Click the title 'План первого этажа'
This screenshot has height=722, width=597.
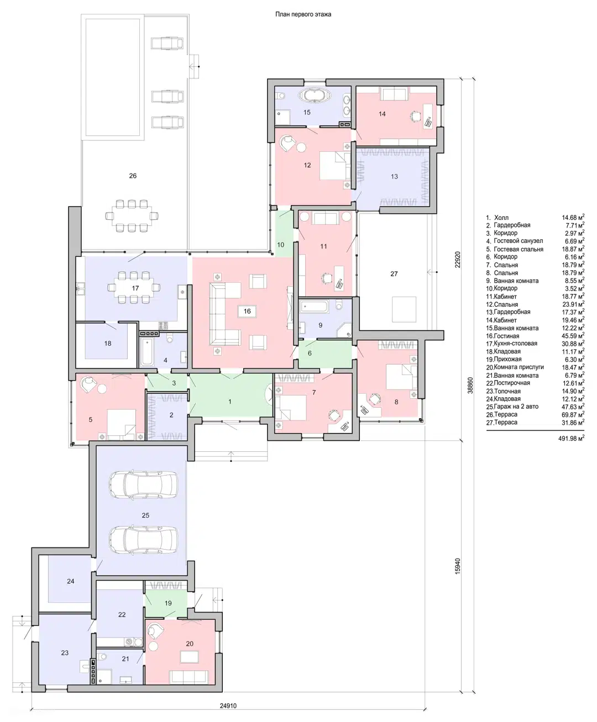pyautogui.click(x=303, y=14)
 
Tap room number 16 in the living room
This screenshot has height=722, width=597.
pyautogui.click(x=247, y=311)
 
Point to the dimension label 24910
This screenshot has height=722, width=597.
pyautogui.click(x=228, y=705)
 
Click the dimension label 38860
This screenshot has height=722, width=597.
pyautogui.click(x=470, y=385)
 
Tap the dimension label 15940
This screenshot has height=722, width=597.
pyautogui.click(x=458, y=566)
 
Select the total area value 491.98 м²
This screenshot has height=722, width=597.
pyautogui.click(x=571, y=438)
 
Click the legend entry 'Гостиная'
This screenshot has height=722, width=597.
pyautogui.click(x=506, y=336)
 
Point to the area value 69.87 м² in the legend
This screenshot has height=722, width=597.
pyautogui.click(x=573, y=414)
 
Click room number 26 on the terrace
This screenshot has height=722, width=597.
pyautogui.click(x=133, y=176)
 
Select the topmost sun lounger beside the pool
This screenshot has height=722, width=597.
pyautogui.click(x=167, y=43)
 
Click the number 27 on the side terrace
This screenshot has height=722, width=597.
pyautogui.click(x=394, y=273)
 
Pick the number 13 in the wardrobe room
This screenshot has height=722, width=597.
pyautogui.click(x=394, y=176)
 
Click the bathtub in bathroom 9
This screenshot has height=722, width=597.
pyautogui.click(x=314, y=306)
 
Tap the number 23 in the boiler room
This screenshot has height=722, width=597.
pyautogui.click(x=65, y=652)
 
